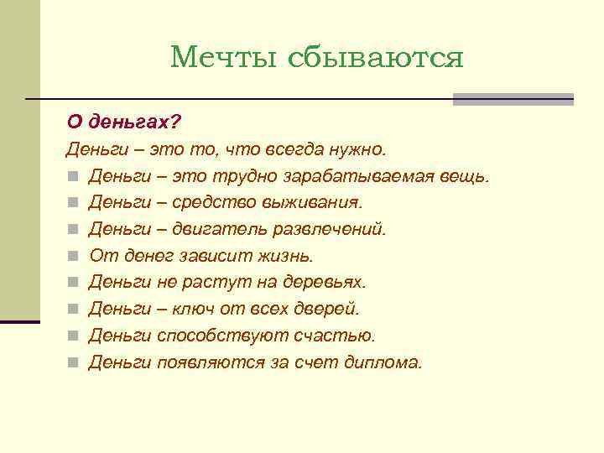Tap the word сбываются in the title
(375, 57)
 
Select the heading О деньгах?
(124, 122)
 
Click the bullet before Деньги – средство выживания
(74, 203)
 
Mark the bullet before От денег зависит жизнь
(74, 257)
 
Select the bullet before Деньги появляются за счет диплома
(74, 363)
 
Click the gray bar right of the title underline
(513, 99)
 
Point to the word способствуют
(222, 336)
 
